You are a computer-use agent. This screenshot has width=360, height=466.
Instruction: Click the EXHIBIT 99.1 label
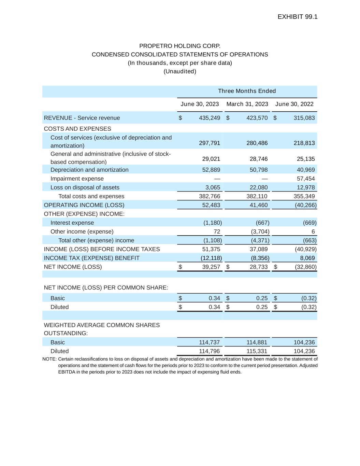point(298,17)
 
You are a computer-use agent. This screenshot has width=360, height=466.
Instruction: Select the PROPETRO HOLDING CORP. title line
point(180,46)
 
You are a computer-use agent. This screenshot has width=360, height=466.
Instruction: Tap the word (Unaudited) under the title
point(180,71)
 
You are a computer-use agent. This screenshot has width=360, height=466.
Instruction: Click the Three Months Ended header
point(247,91)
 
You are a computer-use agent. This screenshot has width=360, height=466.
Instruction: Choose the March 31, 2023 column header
point(247,104)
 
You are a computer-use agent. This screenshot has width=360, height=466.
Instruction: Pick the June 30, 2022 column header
point(294,104)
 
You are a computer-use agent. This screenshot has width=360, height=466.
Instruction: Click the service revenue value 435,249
point(210,118)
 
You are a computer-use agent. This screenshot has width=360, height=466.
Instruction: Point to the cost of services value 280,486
point(257,143)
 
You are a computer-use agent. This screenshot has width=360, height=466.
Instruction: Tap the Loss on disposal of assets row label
point(85,187)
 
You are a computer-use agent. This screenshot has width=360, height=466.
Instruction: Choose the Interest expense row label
point(72,223)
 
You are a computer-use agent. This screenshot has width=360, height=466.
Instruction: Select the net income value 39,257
point(211,267)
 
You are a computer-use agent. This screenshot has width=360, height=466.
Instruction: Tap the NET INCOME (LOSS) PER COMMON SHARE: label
point(106,288)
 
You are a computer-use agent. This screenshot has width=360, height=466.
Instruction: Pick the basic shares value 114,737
point(209,342)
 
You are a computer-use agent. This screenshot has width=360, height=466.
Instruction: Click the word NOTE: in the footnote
point(49,359)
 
